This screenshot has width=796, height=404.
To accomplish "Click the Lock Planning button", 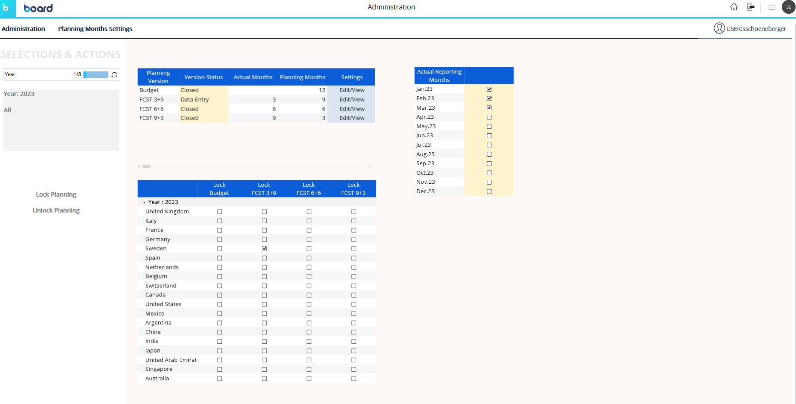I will point(56,194).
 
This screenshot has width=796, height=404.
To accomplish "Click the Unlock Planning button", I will point(56,210).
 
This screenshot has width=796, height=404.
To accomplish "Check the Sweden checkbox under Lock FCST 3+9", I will point(264,249).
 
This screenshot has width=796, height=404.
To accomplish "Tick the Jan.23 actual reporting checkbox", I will point(489,89).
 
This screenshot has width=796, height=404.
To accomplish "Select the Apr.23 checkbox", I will point(489,117).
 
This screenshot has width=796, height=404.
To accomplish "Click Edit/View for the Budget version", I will point(352,90).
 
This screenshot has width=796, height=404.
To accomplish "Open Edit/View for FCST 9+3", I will point(352,118).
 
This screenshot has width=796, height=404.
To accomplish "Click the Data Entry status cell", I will point(195,100).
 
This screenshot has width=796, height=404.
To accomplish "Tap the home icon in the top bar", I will point(734,7).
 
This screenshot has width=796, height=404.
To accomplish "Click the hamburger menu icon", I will point(771,7).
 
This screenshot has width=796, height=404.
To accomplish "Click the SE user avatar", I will point(788,7).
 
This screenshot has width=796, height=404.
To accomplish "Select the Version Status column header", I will point(203,77).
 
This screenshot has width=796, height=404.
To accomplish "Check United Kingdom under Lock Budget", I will point(220,212).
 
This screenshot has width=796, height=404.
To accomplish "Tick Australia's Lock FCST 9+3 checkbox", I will point(354,379).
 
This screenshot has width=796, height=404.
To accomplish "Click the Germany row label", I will point(158,240).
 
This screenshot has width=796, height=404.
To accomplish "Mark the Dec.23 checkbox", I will point(489,191).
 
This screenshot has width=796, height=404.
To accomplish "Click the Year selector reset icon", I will point(114,75).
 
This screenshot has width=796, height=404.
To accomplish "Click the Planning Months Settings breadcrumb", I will point(95,29).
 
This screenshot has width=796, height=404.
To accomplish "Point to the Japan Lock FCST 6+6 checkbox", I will point(309,351).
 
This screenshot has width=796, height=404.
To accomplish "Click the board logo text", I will point(38,8).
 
